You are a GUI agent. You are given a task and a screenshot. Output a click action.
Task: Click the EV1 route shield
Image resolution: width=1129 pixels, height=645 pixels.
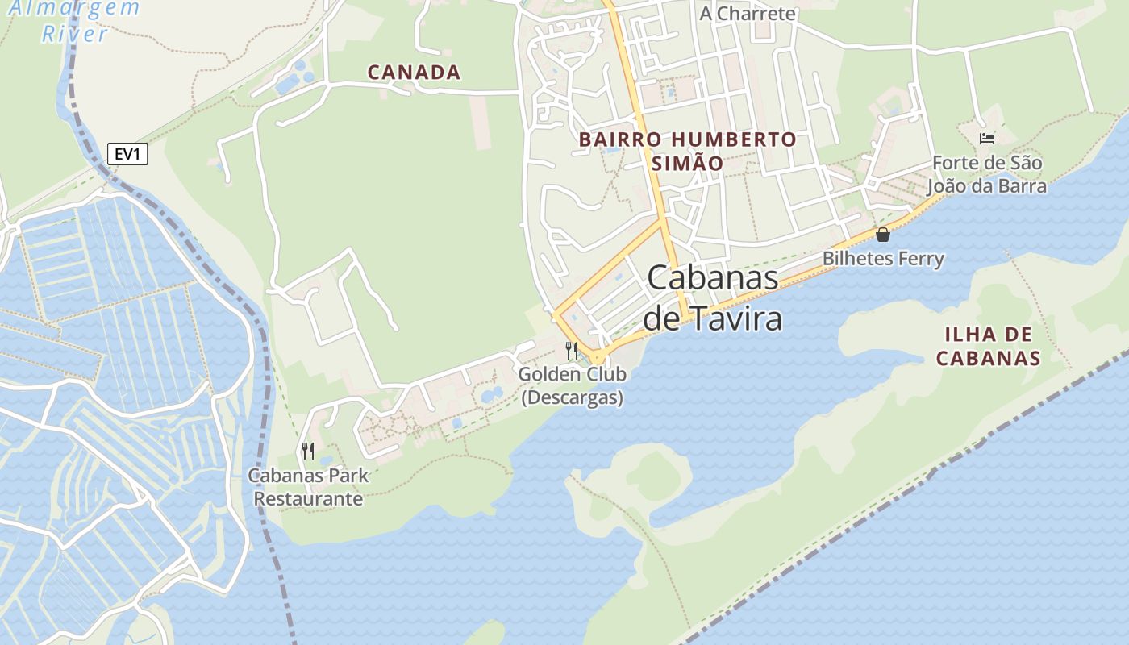[127, 154]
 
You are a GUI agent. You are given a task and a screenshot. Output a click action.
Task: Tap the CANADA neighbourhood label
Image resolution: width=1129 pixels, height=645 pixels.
[414, 73]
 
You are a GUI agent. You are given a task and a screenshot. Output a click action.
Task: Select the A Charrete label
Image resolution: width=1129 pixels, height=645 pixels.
[747, 14]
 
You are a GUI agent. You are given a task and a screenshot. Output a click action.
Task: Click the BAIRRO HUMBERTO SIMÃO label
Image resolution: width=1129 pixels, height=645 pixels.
[687, 151]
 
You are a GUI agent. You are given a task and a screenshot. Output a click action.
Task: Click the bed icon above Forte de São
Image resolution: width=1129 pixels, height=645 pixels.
[986, 138]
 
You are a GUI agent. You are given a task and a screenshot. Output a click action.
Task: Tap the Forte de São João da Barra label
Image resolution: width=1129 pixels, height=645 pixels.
[986, 175]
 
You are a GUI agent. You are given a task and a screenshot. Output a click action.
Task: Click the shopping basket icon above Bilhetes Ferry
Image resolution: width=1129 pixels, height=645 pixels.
[883, 235]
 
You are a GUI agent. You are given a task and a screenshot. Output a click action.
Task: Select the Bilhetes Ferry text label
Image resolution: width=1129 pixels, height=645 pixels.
[883, 259]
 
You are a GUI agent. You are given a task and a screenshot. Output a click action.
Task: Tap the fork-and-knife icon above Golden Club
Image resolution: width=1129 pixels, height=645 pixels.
[572, 350]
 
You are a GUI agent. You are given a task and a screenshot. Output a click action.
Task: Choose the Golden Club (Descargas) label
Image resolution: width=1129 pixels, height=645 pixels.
[572, 386]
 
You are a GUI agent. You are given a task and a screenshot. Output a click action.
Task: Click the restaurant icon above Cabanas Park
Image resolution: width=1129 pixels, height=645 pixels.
[307, 451]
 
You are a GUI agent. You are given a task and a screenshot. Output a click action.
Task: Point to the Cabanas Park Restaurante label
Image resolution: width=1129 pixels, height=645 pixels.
[308, 487]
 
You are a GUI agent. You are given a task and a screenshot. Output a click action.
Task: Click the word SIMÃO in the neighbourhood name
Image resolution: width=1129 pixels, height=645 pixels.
[687, 162]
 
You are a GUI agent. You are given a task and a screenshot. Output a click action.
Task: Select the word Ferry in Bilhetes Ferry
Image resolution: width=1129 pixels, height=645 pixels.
[920, 259]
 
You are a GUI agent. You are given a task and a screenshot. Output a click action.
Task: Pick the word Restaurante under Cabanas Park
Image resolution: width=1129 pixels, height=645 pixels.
[308, 499]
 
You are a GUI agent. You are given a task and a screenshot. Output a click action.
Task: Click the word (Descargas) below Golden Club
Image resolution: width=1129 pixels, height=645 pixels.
[572, 398]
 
